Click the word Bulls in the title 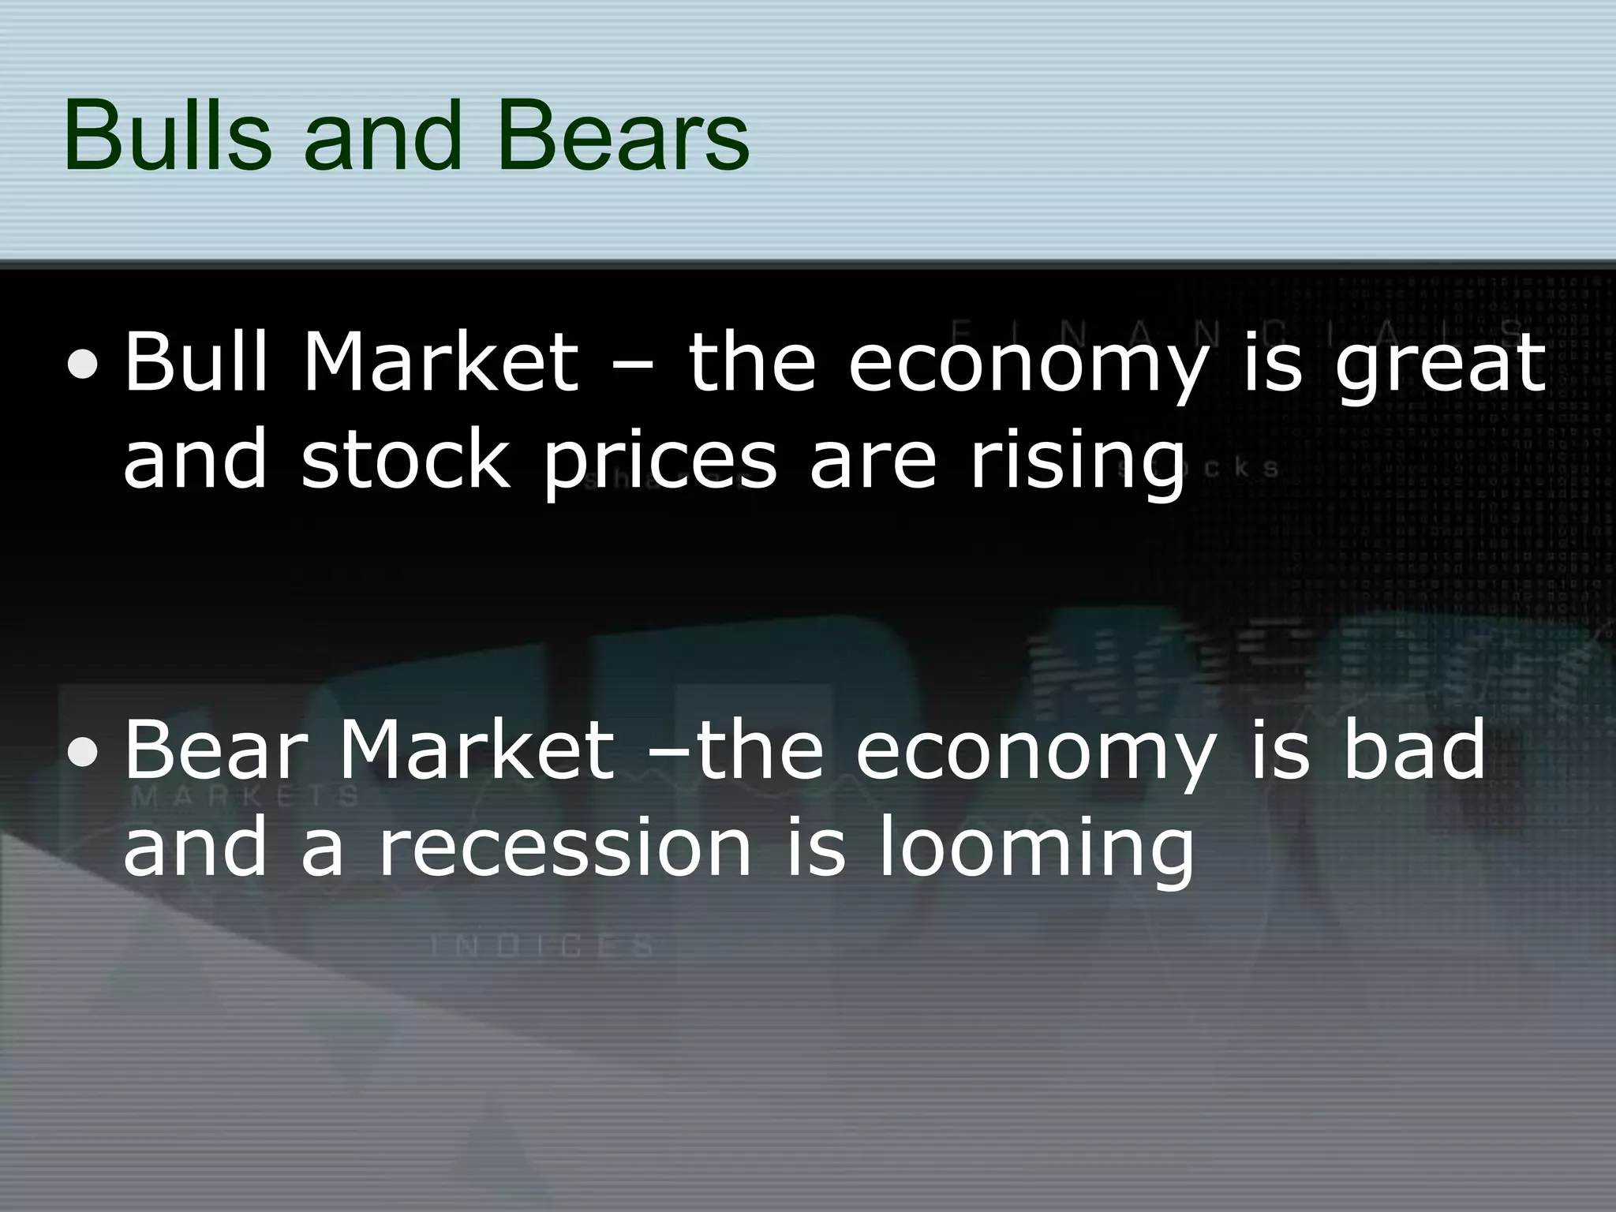166,135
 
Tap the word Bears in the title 623,135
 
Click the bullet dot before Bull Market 84,365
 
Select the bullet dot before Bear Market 84,752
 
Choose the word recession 565,848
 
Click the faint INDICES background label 543,945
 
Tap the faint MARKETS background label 245,796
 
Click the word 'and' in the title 381,135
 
